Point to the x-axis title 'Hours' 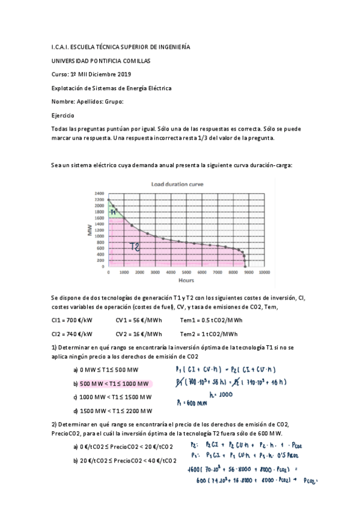click(x=185, y=280)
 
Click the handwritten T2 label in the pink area click(x=136, y=246)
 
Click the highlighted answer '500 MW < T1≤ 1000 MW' click(x=114, y=384)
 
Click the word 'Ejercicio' click(x=63, y=114)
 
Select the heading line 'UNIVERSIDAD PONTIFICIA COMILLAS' click(x=102, y=61)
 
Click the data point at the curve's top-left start click(x=108, y=200)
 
